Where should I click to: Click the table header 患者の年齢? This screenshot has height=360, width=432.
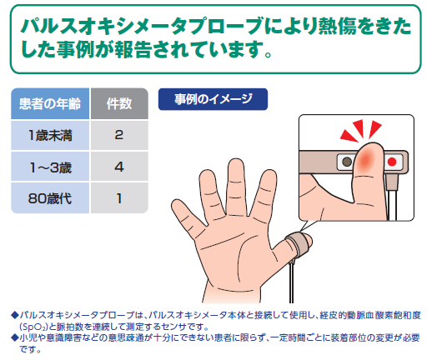(50, 104)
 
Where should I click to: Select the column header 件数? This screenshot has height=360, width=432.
(119, 104)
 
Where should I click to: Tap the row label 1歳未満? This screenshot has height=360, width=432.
(50, 136)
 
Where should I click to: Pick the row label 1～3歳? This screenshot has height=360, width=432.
(50, 167)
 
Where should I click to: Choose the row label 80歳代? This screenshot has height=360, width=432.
(50, 198)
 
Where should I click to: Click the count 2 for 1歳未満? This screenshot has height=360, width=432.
(119, 135)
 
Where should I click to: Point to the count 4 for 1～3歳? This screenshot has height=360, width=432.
(119, 167)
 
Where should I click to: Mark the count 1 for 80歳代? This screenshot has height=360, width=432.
(119, 198)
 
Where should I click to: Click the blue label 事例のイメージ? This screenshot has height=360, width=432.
(213, 99)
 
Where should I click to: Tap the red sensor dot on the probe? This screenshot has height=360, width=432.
(392, 162)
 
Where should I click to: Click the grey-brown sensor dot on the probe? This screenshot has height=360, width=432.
(347, 162)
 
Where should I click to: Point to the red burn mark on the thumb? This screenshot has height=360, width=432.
(365, 160)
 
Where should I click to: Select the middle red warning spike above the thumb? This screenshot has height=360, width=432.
(359, 128)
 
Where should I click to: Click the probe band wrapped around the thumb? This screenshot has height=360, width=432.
(296, 243)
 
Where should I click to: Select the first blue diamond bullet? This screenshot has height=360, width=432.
(15, 315)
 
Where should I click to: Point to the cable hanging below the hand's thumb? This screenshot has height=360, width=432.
(291, 281)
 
